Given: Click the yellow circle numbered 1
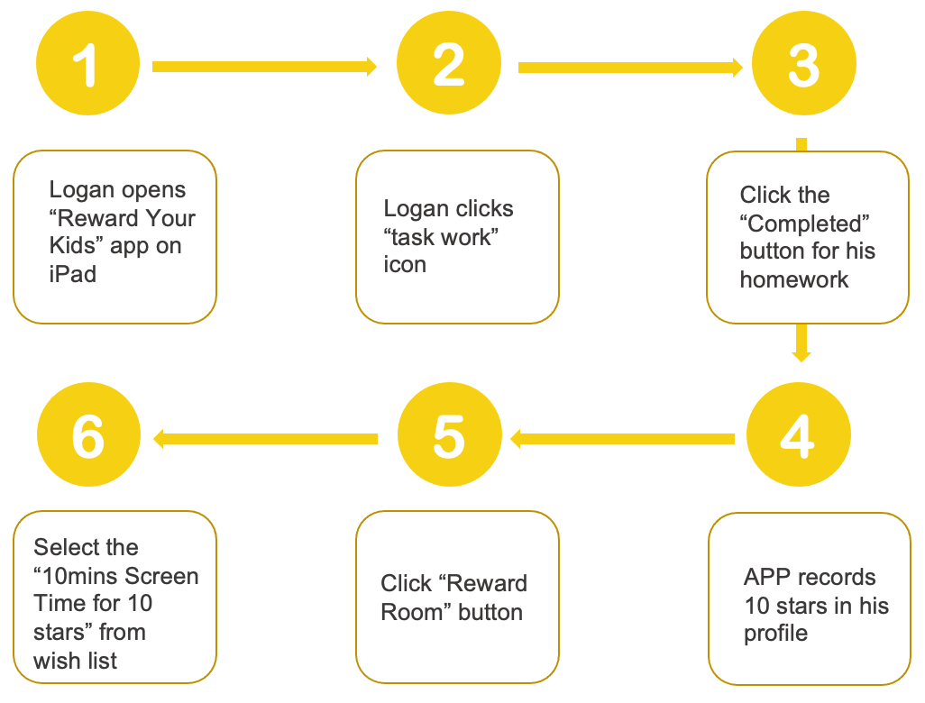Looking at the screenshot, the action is [87, 63].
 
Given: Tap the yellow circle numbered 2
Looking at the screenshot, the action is [449, 63].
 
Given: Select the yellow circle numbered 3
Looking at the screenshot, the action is [804, 63].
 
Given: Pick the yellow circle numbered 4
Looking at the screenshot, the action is [799, 434].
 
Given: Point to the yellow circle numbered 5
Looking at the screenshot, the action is [450, 434].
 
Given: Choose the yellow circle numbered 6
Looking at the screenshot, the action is [88, 434].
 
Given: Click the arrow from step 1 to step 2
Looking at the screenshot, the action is [264, 67].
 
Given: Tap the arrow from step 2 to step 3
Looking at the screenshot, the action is [630, 68].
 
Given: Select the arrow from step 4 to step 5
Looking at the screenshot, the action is [622, 439].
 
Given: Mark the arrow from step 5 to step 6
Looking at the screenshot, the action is [265, 439].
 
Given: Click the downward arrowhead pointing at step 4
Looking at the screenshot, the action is [801, 356].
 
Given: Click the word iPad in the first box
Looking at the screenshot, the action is [72, 274].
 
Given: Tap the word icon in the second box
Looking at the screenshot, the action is [405, 265].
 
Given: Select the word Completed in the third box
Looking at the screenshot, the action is [805, 224].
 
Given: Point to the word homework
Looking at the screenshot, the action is [794, 279].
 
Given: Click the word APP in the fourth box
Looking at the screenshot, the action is [767, 577].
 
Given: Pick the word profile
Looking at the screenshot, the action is [775, 634].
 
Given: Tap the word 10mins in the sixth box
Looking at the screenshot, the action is [79, 576].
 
